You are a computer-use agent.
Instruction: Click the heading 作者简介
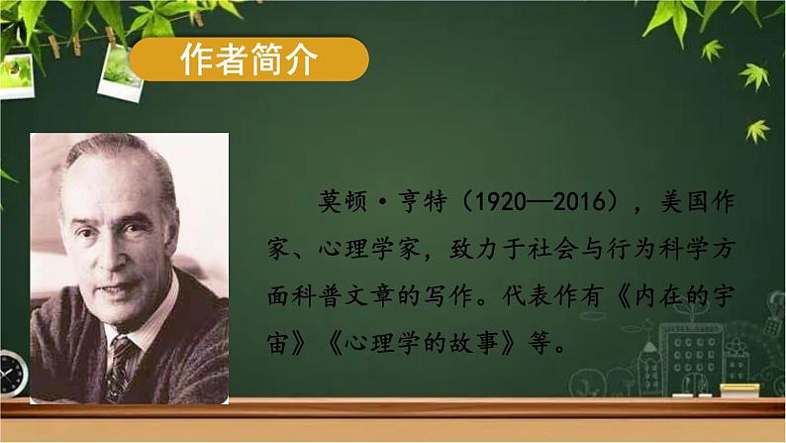point(249,61)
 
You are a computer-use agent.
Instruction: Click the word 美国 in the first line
point(697,203)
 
